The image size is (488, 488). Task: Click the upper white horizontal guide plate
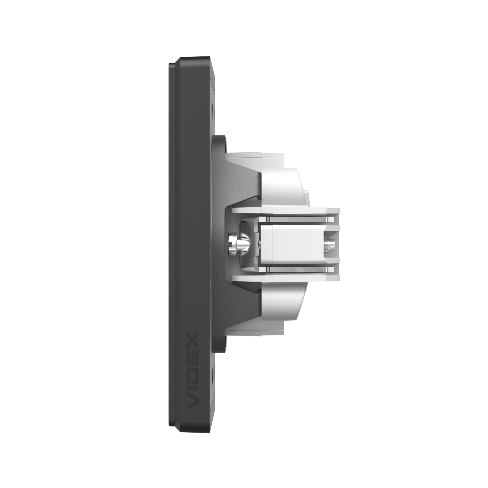pos(285,204)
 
